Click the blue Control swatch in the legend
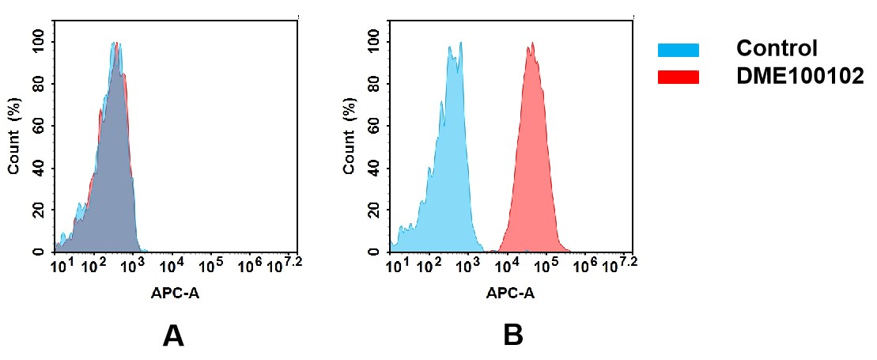[x=678, y=50]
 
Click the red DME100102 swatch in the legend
[x=678, y=77]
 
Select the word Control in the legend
[x=776, y=48]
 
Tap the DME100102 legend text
[x=800, y=76]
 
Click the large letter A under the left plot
[x=173, y=336]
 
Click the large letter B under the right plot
[x=512, y=336]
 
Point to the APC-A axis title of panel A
[x=175, y=293]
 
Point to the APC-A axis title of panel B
[x=511, y=293]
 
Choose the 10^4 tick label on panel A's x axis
[x=172, y=265]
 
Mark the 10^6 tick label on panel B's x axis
[x=585, y=265]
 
